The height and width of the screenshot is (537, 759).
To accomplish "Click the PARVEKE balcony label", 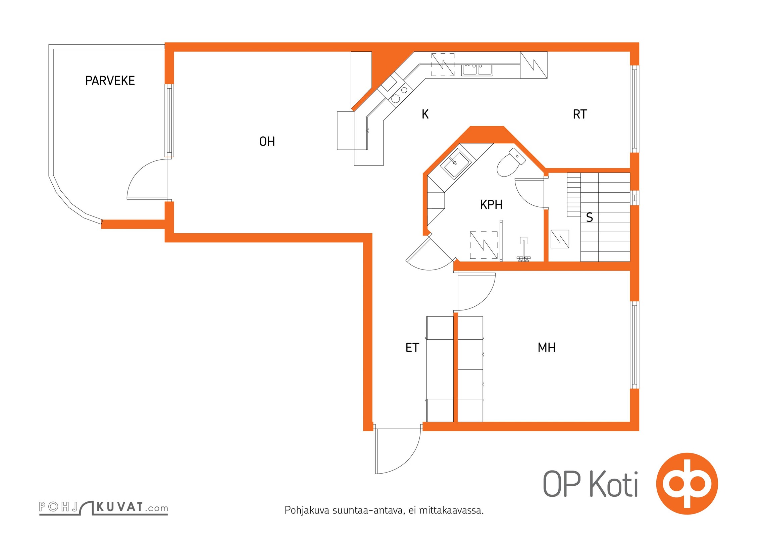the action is point(110,81).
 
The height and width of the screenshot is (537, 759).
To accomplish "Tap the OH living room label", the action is point(267,142).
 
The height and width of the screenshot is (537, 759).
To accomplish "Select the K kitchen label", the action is point(425,114).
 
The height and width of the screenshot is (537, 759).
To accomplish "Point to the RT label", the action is point(580,114).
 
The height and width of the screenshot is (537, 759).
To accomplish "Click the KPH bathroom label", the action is point(491,205).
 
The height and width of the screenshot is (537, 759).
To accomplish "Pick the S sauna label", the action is point(590,217).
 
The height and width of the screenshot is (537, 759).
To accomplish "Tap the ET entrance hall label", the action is point(412,347).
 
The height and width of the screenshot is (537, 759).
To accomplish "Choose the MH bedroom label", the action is point(547,347).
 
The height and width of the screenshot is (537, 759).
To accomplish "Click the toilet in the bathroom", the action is point(510,163).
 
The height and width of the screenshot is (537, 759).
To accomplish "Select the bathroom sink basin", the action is point(455,164).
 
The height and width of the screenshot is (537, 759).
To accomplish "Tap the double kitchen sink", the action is point(477,70).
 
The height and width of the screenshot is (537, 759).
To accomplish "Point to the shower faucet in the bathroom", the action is point(523,250).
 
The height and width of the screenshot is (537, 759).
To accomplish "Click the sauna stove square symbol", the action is point(560,239).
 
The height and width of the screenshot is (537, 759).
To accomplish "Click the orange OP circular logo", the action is point(687,484).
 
